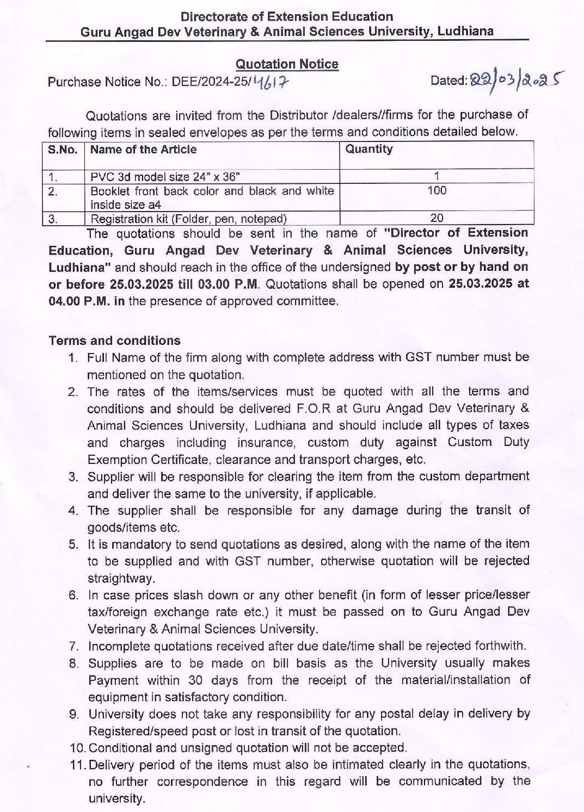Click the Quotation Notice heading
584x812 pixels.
pyautogui.click(x=287, y=64)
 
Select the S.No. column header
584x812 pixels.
pyautogui.click(x=63, y=150)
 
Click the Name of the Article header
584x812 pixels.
pyautogui.click(x=144, y=150)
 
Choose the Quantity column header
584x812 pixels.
pyautogui.click(x=369, y=149)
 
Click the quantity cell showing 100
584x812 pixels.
pyautogui.click(x=437, y=190)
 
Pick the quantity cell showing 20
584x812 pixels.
pyautogui.click(x=437, y=218)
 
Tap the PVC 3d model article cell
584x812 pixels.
pyautogui.click(x=165, y=177)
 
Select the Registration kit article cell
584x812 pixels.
pyautogui.click(x=188, y=219)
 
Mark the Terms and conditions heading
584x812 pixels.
pyautogui.click(x=114, y=340)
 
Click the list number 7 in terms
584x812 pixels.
pyautogui.click(x=75, y=647)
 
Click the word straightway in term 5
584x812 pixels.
pyautogui.click(x=121, y=578)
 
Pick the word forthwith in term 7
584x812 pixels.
pyautogui.click(x=489, y=646)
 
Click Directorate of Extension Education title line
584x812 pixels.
pyautogui.click(x=287, y=17)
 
